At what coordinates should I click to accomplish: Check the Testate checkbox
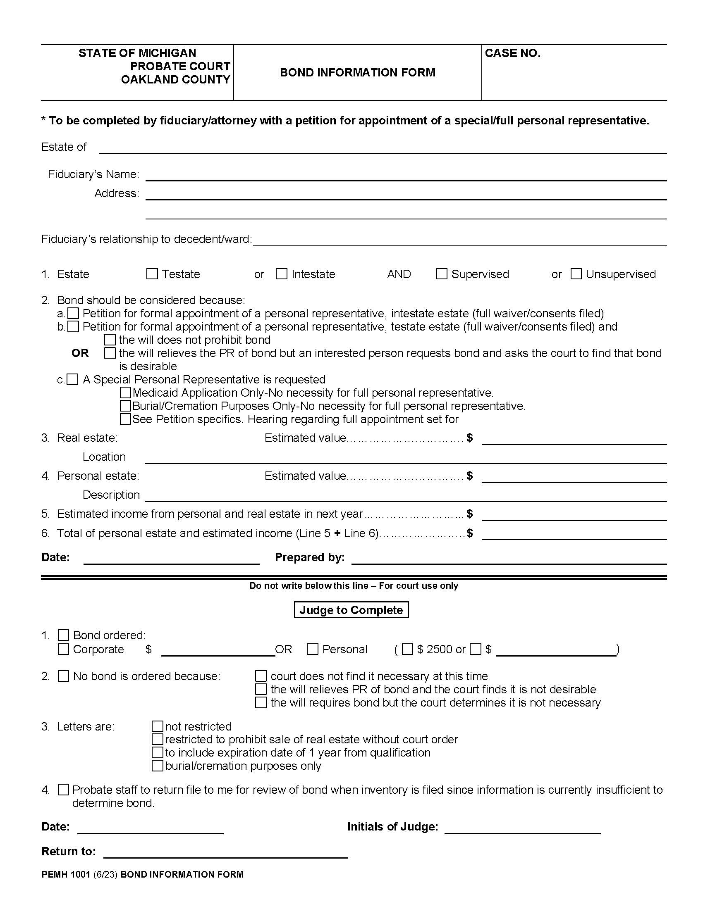[x=152, y=274]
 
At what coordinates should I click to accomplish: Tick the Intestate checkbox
[x=282, y=274]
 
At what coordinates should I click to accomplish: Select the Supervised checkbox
[x=442, y=274]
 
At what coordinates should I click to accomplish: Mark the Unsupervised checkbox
[x=576, y=274]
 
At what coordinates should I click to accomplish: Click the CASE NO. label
[x=513, y=53]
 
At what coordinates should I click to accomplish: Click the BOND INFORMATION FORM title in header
[x=357, y=72]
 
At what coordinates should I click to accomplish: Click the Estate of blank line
[x=383, y=149]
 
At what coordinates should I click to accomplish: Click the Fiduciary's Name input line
[x=406, y=176]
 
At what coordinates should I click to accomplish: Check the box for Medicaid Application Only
[x=125, y=393]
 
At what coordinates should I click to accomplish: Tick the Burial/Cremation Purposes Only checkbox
[x=125, y=406]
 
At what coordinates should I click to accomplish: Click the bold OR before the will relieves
[x=80, y=353]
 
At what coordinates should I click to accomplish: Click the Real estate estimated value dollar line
[x=574, y=440]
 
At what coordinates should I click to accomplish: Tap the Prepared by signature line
[x=509, y=559]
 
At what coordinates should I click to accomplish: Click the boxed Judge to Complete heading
[x=351, y=610]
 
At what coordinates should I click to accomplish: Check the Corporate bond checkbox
[x=63, y=649]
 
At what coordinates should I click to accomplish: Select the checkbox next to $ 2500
[x=408, y=649]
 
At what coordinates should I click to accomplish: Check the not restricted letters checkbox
[x=157, y=726]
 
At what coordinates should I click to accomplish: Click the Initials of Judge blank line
[x=522, y=828]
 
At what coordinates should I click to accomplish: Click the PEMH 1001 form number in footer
[x=66, y=874]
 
